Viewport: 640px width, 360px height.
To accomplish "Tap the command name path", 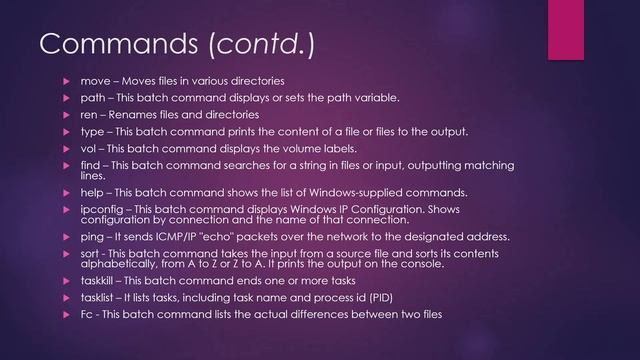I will point(93,97).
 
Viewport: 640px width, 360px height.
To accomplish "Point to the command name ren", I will point(90,114).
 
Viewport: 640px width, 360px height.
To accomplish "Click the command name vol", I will point(89,148).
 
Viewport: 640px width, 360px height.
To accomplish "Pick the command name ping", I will point(93,237).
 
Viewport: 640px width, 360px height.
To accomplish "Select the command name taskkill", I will point(100,281).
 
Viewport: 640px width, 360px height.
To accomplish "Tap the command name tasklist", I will point(99,298).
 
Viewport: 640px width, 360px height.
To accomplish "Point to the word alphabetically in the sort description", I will point(116,264).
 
